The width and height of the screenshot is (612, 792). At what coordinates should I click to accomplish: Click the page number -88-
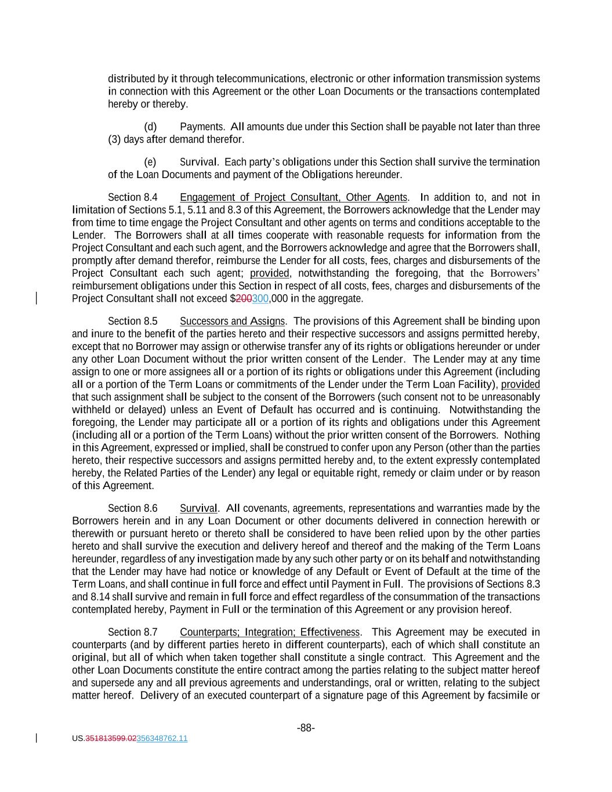(306, 728)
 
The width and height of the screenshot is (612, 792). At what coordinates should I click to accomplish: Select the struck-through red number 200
(244, 299)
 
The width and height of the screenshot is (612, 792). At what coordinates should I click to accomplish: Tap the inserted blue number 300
(260, 299)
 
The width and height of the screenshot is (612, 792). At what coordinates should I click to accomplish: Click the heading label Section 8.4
(132, 197)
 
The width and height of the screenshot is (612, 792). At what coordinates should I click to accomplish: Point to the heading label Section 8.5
(132, 321)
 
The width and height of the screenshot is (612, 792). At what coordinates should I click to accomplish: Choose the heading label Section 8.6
(132, 508)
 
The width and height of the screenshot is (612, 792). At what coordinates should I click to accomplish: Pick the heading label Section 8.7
(132, 632)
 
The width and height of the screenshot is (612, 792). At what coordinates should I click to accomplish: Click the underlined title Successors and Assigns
(232, 321)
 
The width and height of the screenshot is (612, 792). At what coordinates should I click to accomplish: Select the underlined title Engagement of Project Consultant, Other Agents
(294, 197)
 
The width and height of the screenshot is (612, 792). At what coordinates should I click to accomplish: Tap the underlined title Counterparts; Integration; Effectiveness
(270, 632)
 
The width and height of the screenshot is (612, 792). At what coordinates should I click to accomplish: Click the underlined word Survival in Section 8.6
(198, 508)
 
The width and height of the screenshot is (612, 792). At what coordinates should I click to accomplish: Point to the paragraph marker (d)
(150, 126)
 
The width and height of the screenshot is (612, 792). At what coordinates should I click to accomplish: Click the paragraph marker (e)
(150, 162)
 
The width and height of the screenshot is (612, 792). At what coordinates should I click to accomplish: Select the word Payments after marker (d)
(202, 126)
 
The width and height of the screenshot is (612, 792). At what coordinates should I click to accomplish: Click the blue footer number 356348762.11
(162, 739)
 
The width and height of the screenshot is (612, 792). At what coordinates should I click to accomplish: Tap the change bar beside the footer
(37, 738)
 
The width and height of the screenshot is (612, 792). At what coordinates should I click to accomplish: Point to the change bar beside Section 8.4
(37, 298)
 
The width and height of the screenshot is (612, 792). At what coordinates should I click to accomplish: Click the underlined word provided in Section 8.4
(270, 273)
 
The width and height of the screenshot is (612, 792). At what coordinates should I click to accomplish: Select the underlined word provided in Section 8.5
(520, 384)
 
